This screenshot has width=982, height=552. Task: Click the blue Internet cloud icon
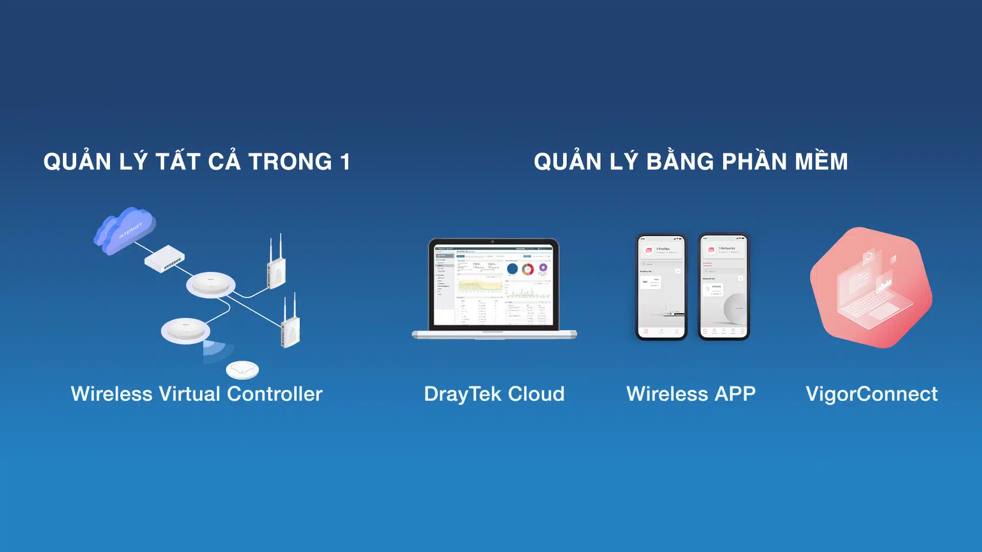125,230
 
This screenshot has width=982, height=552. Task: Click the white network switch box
165,259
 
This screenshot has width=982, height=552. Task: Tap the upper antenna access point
276,268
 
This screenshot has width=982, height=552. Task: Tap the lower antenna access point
291,327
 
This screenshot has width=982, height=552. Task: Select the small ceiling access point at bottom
242,370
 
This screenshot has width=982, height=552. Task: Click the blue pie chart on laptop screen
512,269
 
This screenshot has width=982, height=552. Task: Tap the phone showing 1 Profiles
661,286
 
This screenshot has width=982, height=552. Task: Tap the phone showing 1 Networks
723,286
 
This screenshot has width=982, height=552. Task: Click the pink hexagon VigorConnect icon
871,287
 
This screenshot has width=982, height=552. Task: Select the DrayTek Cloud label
494,394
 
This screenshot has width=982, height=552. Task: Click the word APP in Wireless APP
735,394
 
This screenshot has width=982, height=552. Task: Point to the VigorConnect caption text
872,394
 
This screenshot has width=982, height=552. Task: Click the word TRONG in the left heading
290,163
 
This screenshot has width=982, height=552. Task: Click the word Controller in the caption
275,394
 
